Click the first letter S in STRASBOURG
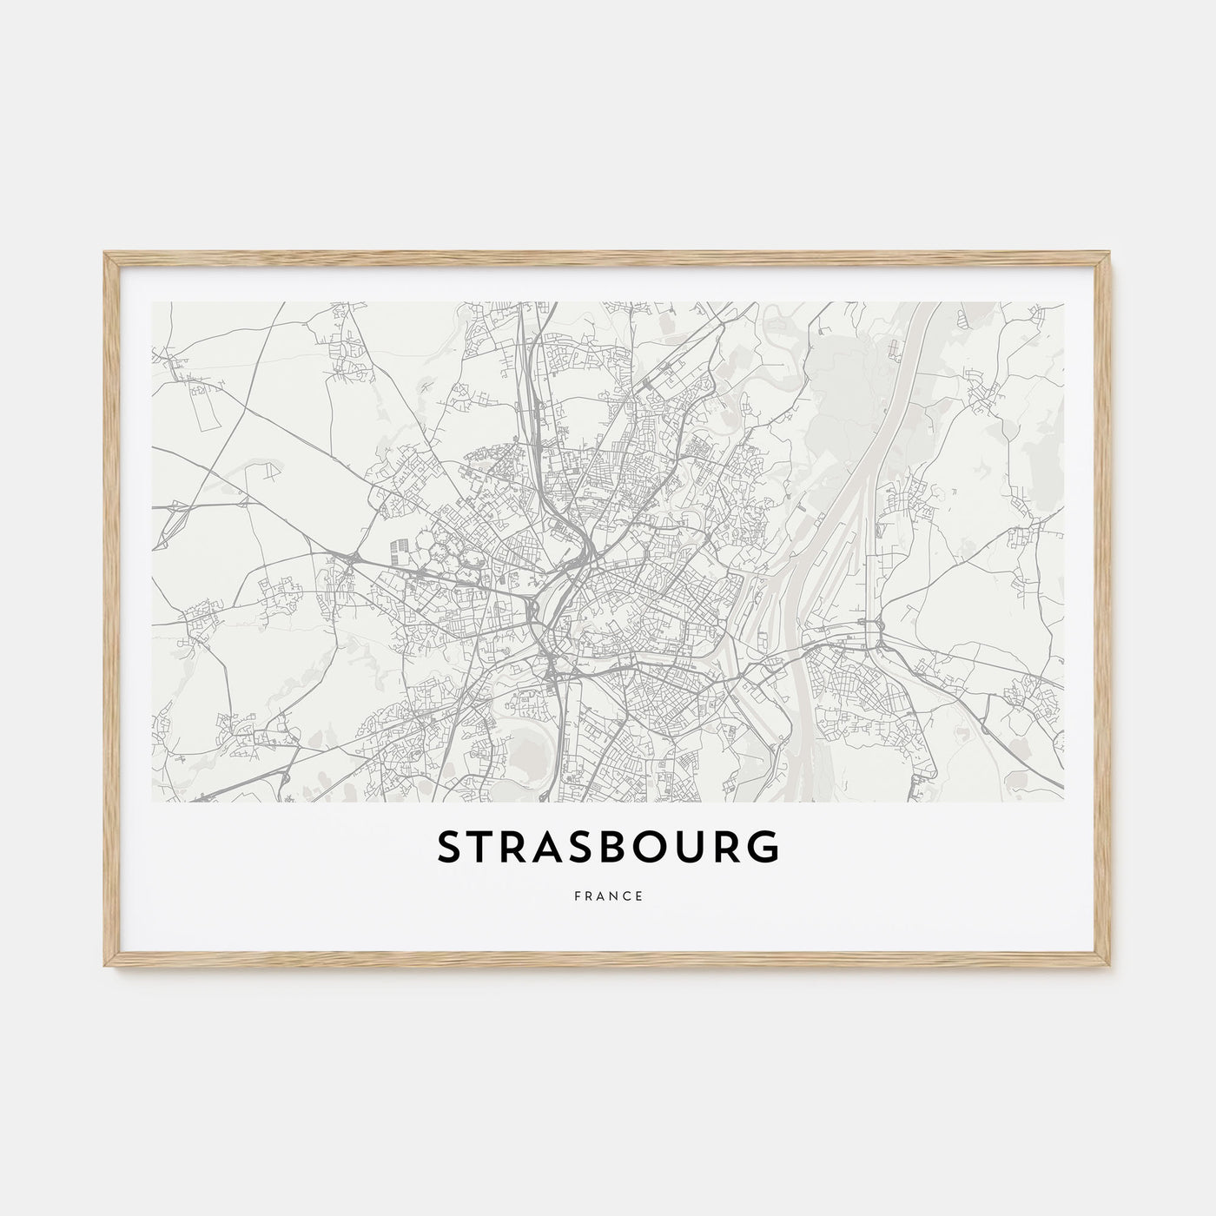[x=452, y=849]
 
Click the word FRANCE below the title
[x=608, y=896]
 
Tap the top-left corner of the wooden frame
[x=105, y=253]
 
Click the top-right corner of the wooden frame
[x=1111, y=253]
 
